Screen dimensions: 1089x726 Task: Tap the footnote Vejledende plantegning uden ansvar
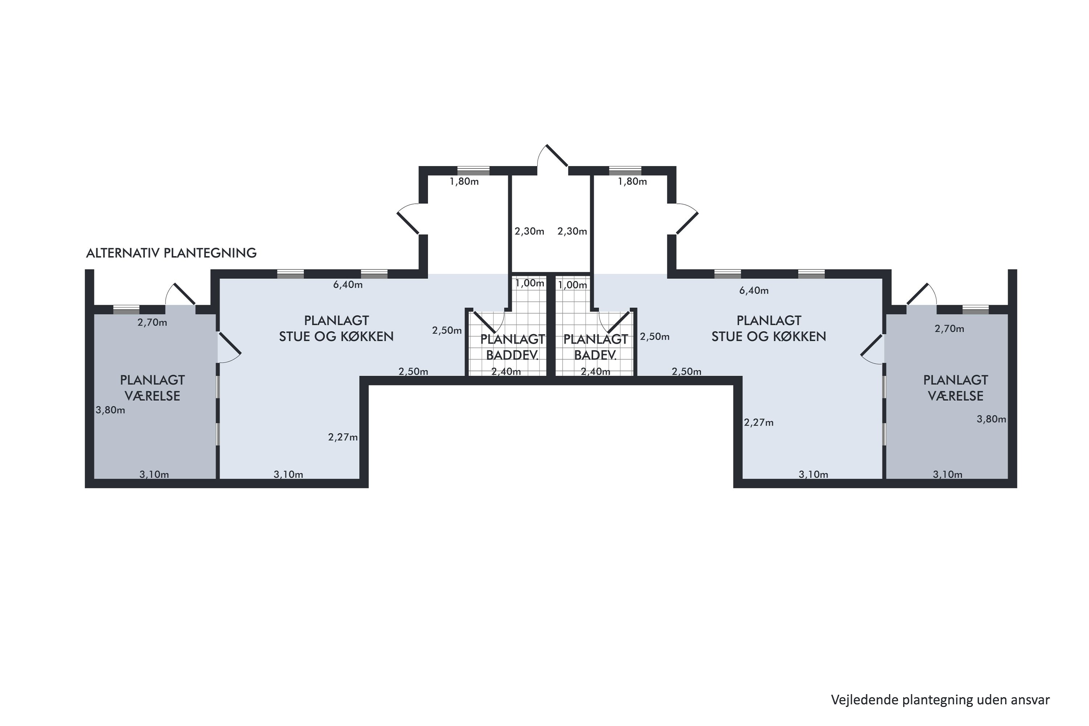coord(941,700)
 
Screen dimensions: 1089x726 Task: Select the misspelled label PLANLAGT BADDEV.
coord(513,347)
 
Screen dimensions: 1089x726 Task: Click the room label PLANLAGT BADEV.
coord(595,347)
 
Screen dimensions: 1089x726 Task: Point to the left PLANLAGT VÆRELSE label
coord(152,388)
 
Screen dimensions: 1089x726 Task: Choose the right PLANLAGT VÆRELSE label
coord(956,388)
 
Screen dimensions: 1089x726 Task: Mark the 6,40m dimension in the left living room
coord(348,285)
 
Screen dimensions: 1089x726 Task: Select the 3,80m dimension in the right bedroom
coord(991,419)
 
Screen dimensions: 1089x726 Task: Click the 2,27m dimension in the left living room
coord(343,437)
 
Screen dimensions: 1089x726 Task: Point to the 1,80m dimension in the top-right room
coord(632,181)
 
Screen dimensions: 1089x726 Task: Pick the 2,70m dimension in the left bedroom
coord(152,323)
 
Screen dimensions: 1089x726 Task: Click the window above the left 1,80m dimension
coord(473,170)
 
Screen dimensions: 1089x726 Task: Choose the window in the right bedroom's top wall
coord(976,309)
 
